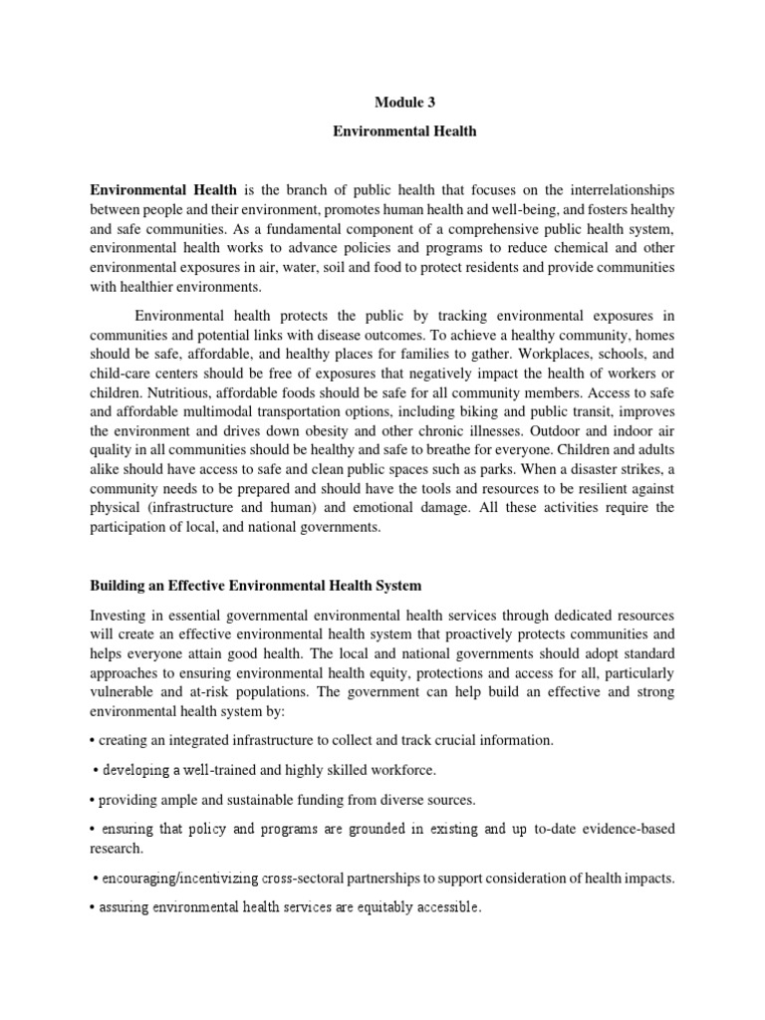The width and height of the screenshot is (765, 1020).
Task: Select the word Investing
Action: point(119,616)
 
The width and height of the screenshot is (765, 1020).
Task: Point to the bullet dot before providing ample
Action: point(92,800)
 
